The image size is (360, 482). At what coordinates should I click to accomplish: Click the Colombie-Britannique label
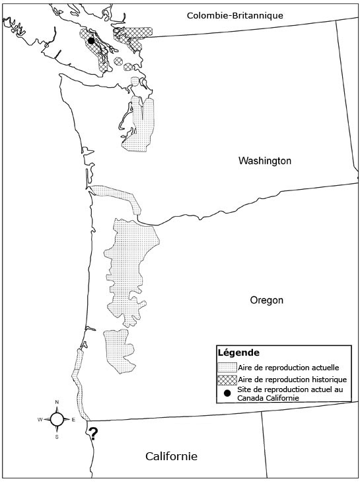click(x=234, y=15)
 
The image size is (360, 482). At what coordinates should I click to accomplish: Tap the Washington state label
click(x=265, y=161)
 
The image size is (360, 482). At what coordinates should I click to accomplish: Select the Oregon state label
click(x=266, y=300)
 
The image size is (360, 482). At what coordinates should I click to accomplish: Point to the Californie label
click(x=171, y=456)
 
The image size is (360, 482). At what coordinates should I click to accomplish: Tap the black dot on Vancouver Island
click(x=91, y=41)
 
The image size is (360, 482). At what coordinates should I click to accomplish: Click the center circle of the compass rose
click(x=57, y=419)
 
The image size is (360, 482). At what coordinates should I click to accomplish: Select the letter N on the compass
click(x=57, y=403)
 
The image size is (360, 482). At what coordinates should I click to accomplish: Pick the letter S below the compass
click(x=57, y=436)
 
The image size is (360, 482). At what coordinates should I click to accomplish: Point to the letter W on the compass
click(x=40, y=420)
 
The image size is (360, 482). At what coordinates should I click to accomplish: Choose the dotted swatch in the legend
click(x=227, y=367)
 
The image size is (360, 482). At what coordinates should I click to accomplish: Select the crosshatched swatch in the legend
click(x=227, y=380)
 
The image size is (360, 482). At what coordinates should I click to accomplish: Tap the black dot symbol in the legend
click(x=227, y=393)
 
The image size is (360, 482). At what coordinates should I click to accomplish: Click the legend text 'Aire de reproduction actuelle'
click(x=285, y=367)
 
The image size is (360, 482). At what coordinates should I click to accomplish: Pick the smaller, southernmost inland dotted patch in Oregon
click(x=119, y=348)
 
